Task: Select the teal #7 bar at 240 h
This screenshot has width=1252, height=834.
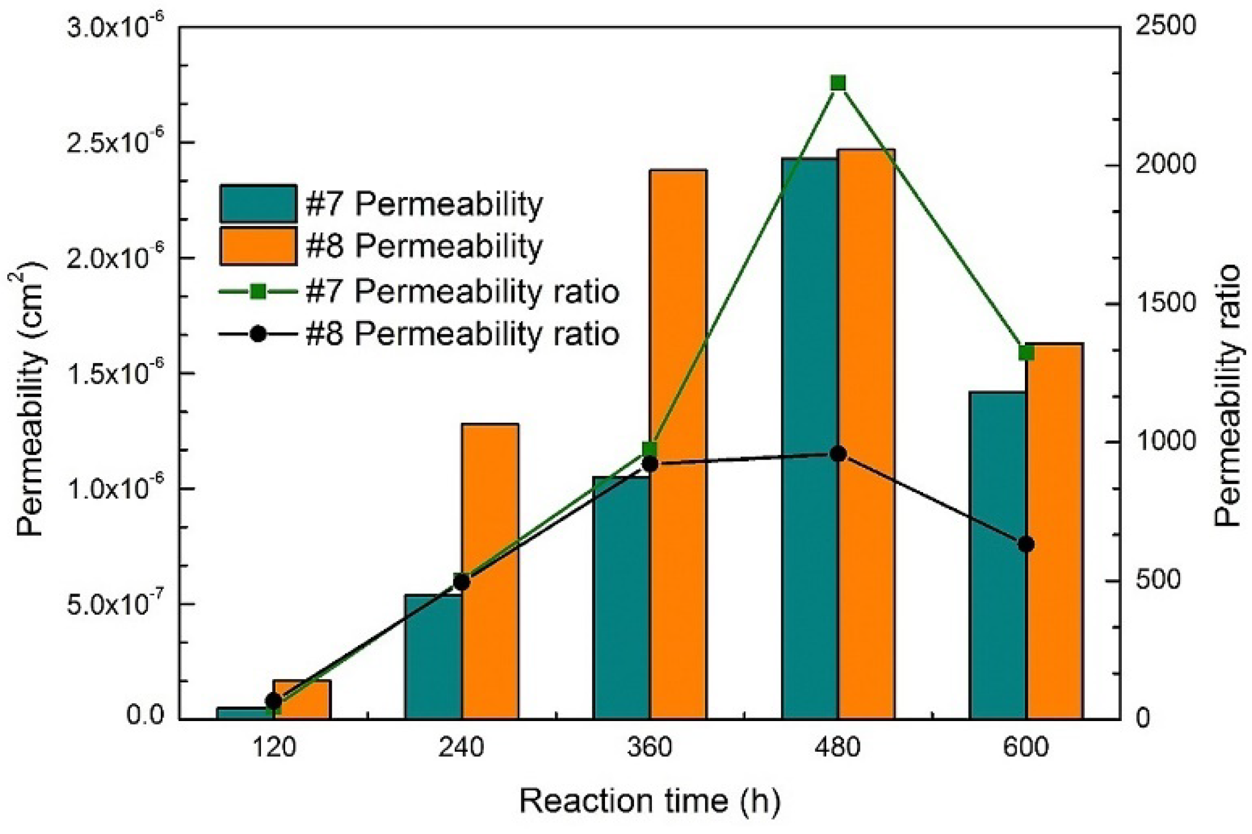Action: [x=433, y=657]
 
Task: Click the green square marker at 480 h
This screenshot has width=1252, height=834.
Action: [x=837, y=83]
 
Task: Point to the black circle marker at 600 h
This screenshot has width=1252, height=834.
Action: [x=1026, y=544]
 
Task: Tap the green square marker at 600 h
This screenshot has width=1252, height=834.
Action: [x=1026, y=353]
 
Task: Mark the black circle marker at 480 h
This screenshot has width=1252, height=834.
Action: [x=837, y=454]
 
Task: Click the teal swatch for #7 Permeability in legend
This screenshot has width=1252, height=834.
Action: [x=258, y=203]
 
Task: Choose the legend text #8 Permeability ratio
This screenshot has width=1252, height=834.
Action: [x=462, y=334]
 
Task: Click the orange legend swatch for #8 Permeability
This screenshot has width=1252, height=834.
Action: [x=258, y=245]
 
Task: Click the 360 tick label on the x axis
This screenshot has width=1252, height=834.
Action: [x=649, y=747]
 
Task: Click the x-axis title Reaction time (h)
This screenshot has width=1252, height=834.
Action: [x=649, y=801]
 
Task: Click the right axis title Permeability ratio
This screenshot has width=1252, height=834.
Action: [x=1228, y=396]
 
